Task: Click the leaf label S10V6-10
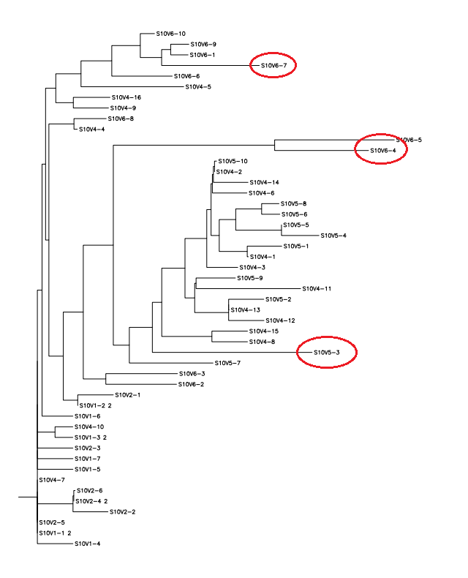(x=171, y=34)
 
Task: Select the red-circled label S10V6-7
(x=273, y=66)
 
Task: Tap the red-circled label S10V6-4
(x=382, y=151)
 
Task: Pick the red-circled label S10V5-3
(x=327, y=353)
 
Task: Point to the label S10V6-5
(x=409, y=139)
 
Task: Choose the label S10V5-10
(x=233, y=161)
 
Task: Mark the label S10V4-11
(x=317, y=289)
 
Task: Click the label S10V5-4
(x=333, y=236)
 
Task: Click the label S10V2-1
(x=127, y=395)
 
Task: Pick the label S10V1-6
(x=87, y=416)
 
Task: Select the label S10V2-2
(x=122, y=512)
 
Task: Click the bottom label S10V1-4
(x=87, y=544)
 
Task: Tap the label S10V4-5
(x=198, y=87)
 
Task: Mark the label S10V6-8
(x=121, y=119)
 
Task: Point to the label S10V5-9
(x=249, y=278)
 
